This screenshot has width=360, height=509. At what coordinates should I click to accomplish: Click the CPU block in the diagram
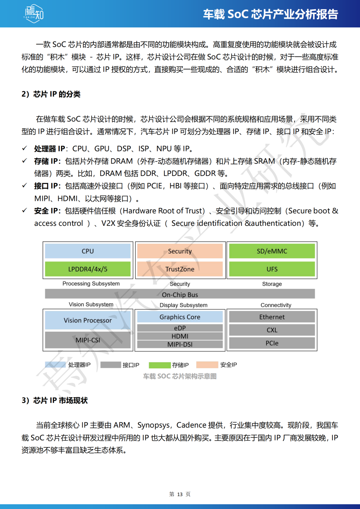(x=88, y=251)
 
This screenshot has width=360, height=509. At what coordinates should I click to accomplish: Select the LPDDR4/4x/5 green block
(x=88, y=269)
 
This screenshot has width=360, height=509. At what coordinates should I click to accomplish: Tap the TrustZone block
(x=180, y=269)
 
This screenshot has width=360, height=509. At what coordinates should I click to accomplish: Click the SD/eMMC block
(x=272, y=251)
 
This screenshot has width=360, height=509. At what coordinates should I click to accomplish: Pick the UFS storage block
(x=272, y=269)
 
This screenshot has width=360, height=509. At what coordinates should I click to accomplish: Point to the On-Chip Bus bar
(x=180, y=294)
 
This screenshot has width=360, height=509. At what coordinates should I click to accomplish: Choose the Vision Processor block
(x=88, y=320)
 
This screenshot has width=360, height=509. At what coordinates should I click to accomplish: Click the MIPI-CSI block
(x=88, y=340)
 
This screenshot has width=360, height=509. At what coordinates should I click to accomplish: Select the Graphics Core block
(x=180, y=317)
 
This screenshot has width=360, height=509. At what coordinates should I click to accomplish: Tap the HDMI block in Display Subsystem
(x=180, y=336)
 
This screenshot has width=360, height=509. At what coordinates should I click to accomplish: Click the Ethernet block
(x=272, y=317)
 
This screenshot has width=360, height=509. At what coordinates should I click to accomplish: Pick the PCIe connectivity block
(x=272, y=343)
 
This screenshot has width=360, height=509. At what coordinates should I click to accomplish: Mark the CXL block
(x=272, y=330)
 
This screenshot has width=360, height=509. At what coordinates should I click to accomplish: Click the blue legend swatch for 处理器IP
(x=55, y=365)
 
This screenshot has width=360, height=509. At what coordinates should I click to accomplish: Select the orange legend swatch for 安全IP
(x=207, y=365)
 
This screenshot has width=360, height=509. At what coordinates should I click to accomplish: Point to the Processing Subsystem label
(x=91, y=283)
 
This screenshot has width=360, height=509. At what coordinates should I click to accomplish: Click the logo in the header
(x=34, y=14)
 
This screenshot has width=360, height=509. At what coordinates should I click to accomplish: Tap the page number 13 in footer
(x=180, y=494)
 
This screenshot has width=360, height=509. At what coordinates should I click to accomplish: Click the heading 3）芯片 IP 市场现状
(x=55, y=400)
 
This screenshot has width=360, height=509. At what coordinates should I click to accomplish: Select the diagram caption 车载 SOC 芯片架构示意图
(x=180, y=376)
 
